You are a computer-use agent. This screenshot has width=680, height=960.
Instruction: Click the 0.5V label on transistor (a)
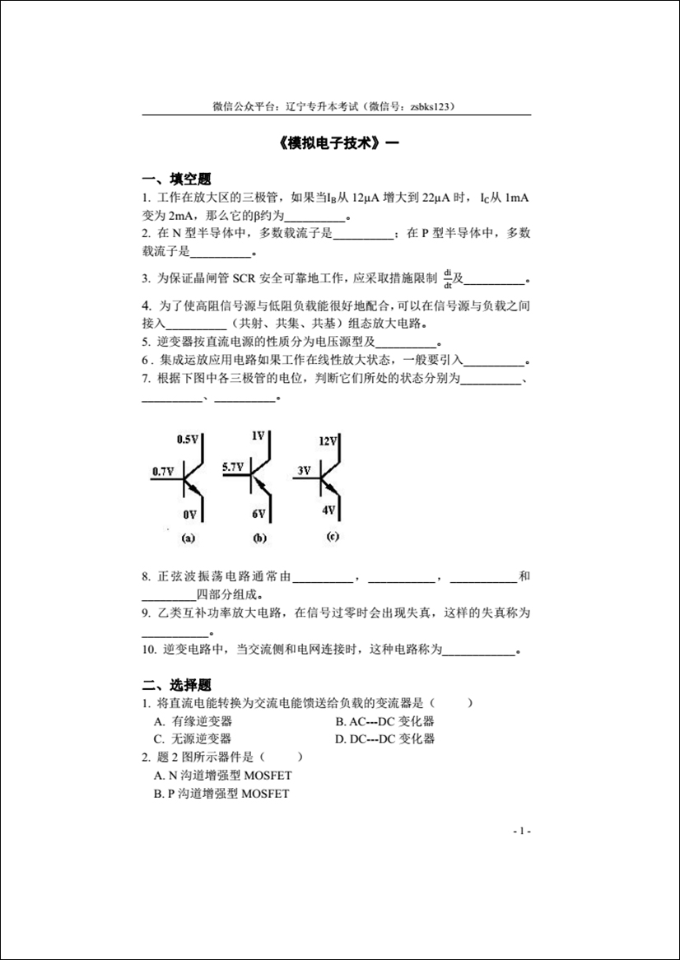[188, 440]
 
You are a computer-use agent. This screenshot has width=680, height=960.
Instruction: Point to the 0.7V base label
[162, 472]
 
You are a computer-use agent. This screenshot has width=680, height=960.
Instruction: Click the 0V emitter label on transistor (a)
[190, 515]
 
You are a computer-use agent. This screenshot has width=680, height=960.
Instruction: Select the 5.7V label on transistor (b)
[233, 467]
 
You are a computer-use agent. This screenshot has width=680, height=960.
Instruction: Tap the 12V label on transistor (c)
[328, 440]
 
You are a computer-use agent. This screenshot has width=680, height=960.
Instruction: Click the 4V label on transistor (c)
[328, 510]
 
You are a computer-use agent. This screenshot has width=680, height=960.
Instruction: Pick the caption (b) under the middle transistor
[259, 538]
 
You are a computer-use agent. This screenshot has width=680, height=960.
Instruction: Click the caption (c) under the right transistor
[332, 537]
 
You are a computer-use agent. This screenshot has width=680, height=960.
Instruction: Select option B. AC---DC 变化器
[384, 721]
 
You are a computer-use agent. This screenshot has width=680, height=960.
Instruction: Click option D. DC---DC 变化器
[384, 739]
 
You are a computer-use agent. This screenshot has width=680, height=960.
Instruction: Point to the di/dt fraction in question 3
[448, 278]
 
